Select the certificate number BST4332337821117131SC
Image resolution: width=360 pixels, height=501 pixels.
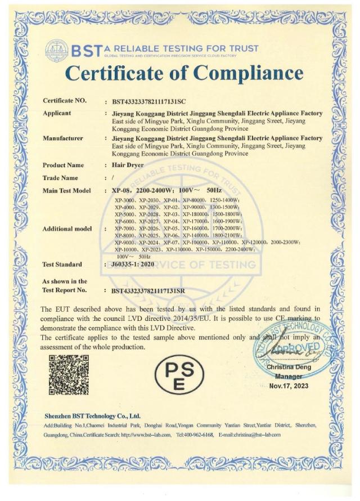click(153, 102)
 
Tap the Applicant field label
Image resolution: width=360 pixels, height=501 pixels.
click(57, 113)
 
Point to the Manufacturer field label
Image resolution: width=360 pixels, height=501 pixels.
click(63, 138)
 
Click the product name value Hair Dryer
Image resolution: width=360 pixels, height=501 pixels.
click(128, 165)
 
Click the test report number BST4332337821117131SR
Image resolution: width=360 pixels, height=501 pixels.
click(153, 290)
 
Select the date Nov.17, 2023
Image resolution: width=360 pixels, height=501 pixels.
click(289, 386)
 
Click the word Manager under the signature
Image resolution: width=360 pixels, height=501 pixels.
click(289, 376)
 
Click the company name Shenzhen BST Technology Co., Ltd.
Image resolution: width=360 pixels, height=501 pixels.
click(92, 416)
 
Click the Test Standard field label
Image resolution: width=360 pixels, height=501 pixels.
click(62, 264)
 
